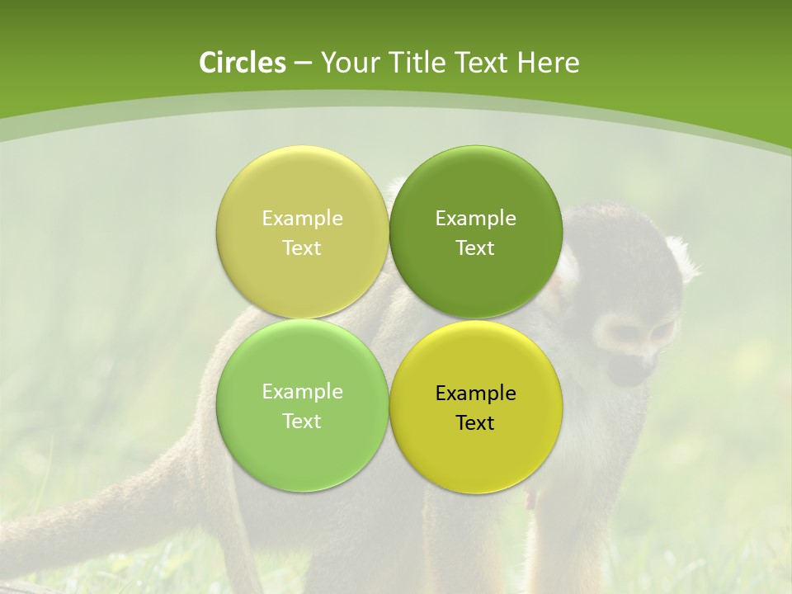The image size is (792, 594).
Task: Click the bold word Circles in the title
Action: [x=243, y=63]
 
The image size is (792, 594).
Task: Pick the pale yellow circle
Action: [x=302, y=190]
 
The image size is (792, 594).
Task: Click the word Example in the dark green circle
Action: [x=475, y=219]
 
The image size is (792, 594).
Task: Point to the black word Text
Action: [x=475, y=423]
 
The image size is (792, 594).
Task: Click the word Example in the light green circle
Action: [x=302, y=392]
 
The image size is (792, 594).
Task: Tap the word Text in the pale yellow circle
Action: [x=302, y=248]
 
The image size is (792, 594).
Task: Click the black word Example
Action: [x=475, y=394]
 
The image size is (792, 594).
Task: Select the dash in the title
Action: [x=303, y=64]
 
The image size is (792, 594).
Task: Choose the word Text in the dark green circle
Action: [x=475, y=248]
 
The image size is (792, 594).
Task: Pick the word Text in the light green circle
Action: [x=302, y=422]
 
